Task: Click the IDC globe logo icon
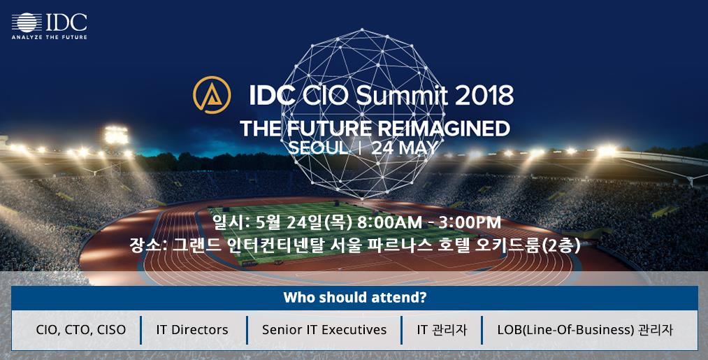point(27,22)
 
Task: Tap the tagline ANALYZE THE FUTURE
point(50,37)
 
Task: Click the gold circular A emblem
point(212,95)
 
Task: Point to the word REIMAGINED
point(443,129)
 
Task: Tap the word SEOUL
point(318,148)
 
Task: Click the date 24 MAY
point(404,148)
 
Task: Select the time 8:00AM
point(390,222)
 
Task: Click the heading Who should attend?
point(354,298)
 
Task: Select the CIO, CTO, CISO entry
point(81,330)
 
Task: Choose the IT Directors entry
point(192,330)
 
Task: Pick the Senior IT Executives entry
point(324,330)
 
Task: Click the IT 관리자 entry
point(442,330)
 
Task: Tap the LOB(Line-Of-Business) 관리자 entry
point(585,330)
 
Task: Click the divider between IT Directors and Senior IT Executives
point(247,330)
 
